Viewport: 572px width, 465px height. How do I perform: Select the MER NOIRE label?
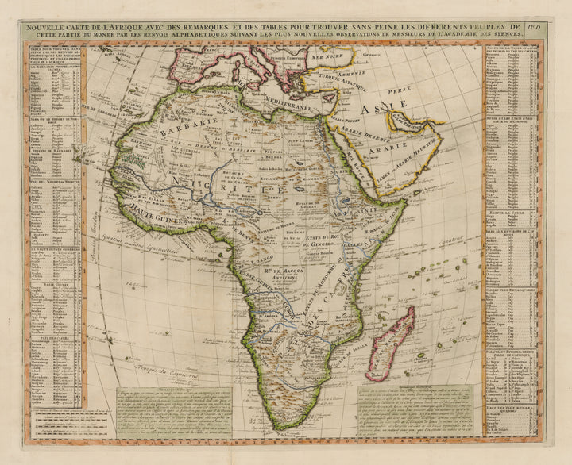[x=327, y=58]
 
